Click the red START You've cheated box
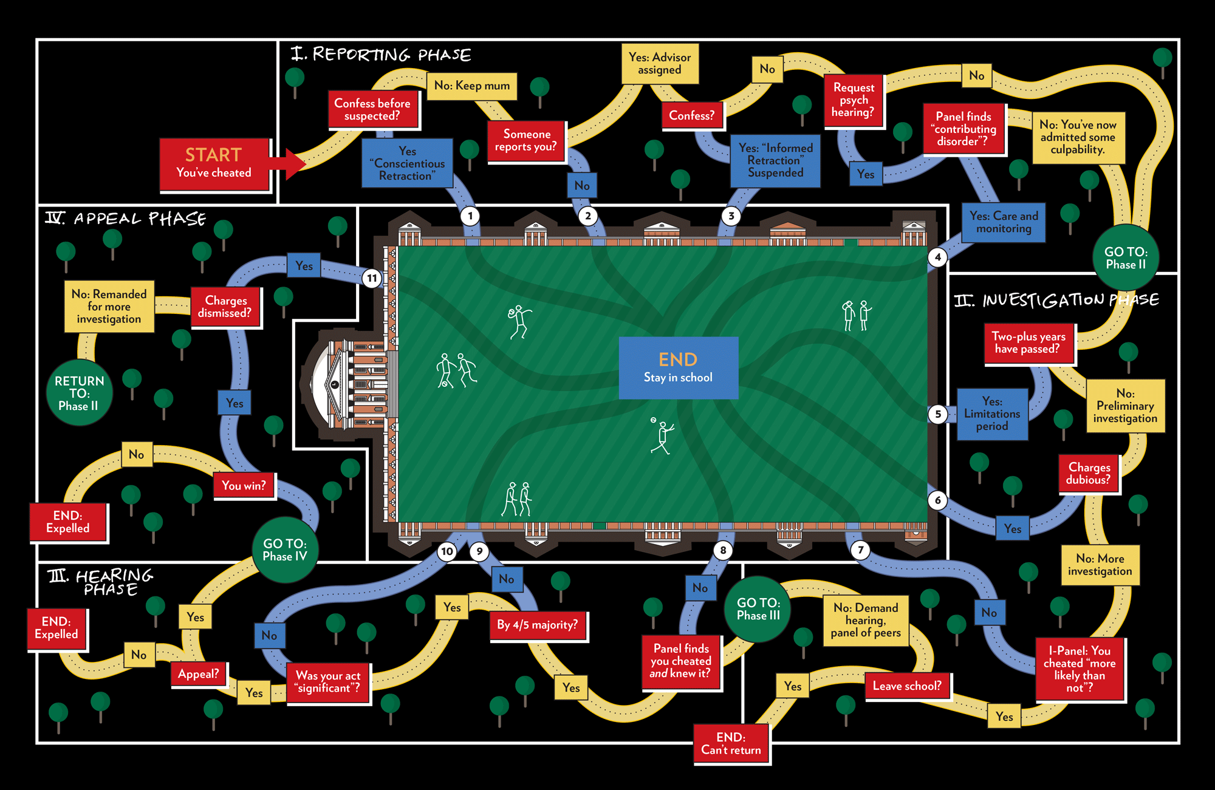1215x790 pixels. tap(214, 165)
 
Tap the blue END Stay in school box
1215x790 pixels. tap(678, 367)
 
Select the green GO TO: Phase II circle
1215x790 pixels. tap(1126, 257)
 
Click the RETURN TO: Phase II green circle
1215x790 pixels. tap(79, 393)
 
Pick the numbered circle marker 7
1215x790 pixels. tap(860, 550)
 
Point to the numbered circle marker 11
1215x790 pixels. tap(372, 278)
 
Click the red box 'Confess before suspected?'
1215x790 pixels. tap(372, 109)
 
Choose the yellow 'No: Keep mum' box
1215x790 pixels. tap(472, 86)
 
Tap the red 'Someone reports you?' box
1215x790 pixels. tap(526, 141)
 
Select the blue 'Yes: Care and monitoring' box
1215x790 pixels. tap(1004, 222)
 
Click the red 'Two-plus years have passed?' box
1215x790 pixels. tap(1028, 343)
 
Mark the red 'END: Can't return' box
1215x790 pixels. tap(731, 744)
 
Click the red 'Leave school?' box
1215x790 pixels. tap(907, 686)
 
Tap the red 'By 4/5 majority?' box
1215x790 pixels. tap(537, 625)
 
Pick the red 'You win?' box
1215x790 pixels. tap(244, 486)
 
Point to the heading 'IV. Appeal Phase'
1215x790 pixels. tap(126, 219)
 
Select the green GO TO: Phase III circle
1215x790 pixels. tap(758, 609)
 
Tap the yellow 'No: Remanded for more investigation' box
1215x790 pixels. tap(109, 307)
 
